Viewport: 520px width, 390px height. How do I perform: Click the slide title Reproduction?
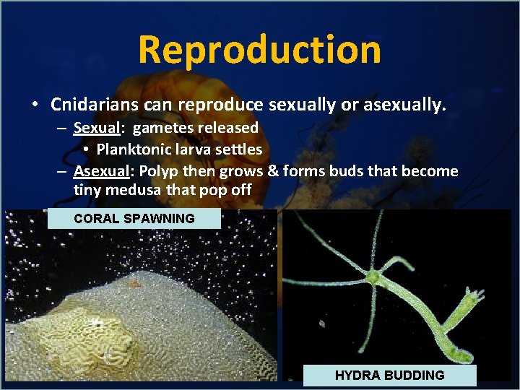click(x=259, y=50)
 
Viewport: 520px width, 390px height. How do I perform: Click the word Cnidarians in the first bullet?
click(x=95, y=105)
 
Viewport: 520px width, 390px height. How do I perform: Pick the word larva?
click(x=190, y=149)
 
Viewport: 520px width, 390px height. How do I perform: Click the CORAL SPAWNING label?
click(x=134, y=218)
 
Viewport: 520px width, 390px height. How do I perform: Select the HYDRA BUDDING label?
click(x=389, y=375)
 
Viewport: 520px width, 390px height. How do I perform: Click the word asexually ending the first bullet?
click(x=405, y=105)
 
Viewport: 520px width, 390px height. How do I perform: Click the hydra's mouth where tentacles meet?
click(x=373, y=277)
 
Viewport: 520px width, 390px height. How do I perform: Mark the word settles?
click(x=236, y=149)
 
